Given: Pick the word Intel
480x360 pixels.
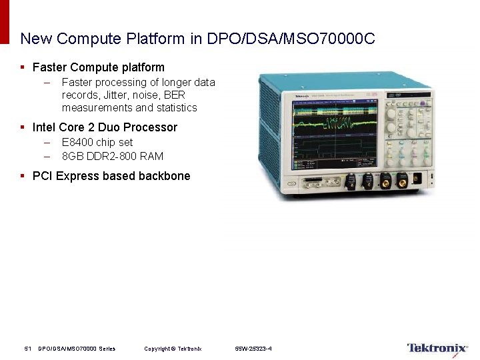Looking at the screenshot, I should click(43, 127).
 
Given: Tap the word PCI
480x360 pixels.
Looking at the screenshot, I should click(43, 176).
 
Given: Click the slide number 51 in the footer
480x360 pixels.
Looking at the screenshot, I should click(28, 349).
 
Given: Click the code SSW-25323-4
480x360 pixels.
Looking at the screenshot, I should click(253, 349).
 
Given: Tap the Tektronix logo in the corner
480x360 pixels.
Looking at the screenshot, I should click(437, 348).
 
